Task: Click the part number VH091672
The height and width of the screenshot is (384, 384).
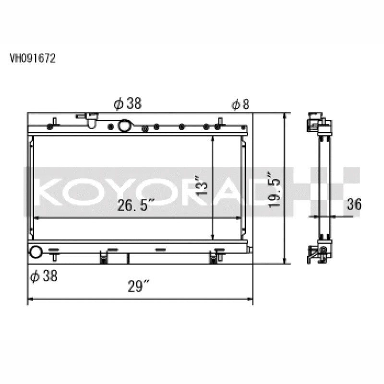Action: (x=32, y=59)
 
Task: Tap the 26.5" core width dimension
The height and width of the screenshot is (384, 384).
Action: (x=136, y=205)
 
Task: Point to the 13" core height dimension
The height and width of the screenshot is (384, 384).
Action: (x=202, y=185)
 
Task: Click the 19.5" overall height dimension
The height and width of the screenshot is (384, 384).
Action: (x=274, y=190)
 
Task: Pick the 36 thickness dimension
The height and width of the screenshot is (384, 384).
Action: (x=354, y=204)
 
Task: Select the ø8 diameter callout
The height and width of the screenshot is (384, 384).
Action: (x=240, y=104)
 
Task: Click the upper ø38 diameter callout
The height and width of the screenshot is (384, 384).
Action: (x=128, y=103)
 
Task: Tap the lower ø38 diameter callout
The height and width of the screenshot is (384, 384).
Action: (x=44, y=276)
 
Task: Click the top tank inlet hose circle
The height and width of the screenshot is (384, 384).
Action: (x=125, y=126)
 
